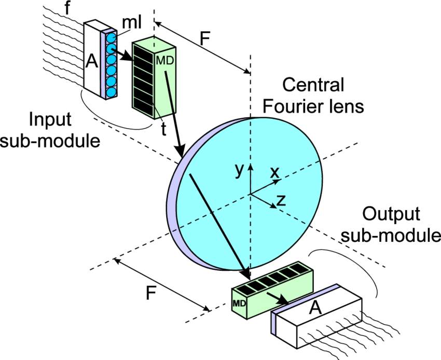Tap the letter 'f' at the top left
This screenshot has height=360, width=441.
click(66, 8)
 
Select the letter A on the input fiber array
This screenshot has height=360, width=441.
click(91, 62)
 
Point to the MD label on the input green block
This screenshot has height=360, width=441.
click(164, 60)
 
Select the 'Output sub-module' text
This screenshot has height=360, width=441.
click(396, 224)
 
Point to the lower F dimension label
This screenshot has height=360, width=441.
click(150, 294)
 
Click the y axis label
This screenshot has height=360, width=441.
click(239, 170)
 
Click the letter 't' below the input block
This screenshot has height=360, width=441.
click(163, 129)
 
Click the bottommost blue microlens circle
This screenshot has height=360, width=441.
click(112, 91)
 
